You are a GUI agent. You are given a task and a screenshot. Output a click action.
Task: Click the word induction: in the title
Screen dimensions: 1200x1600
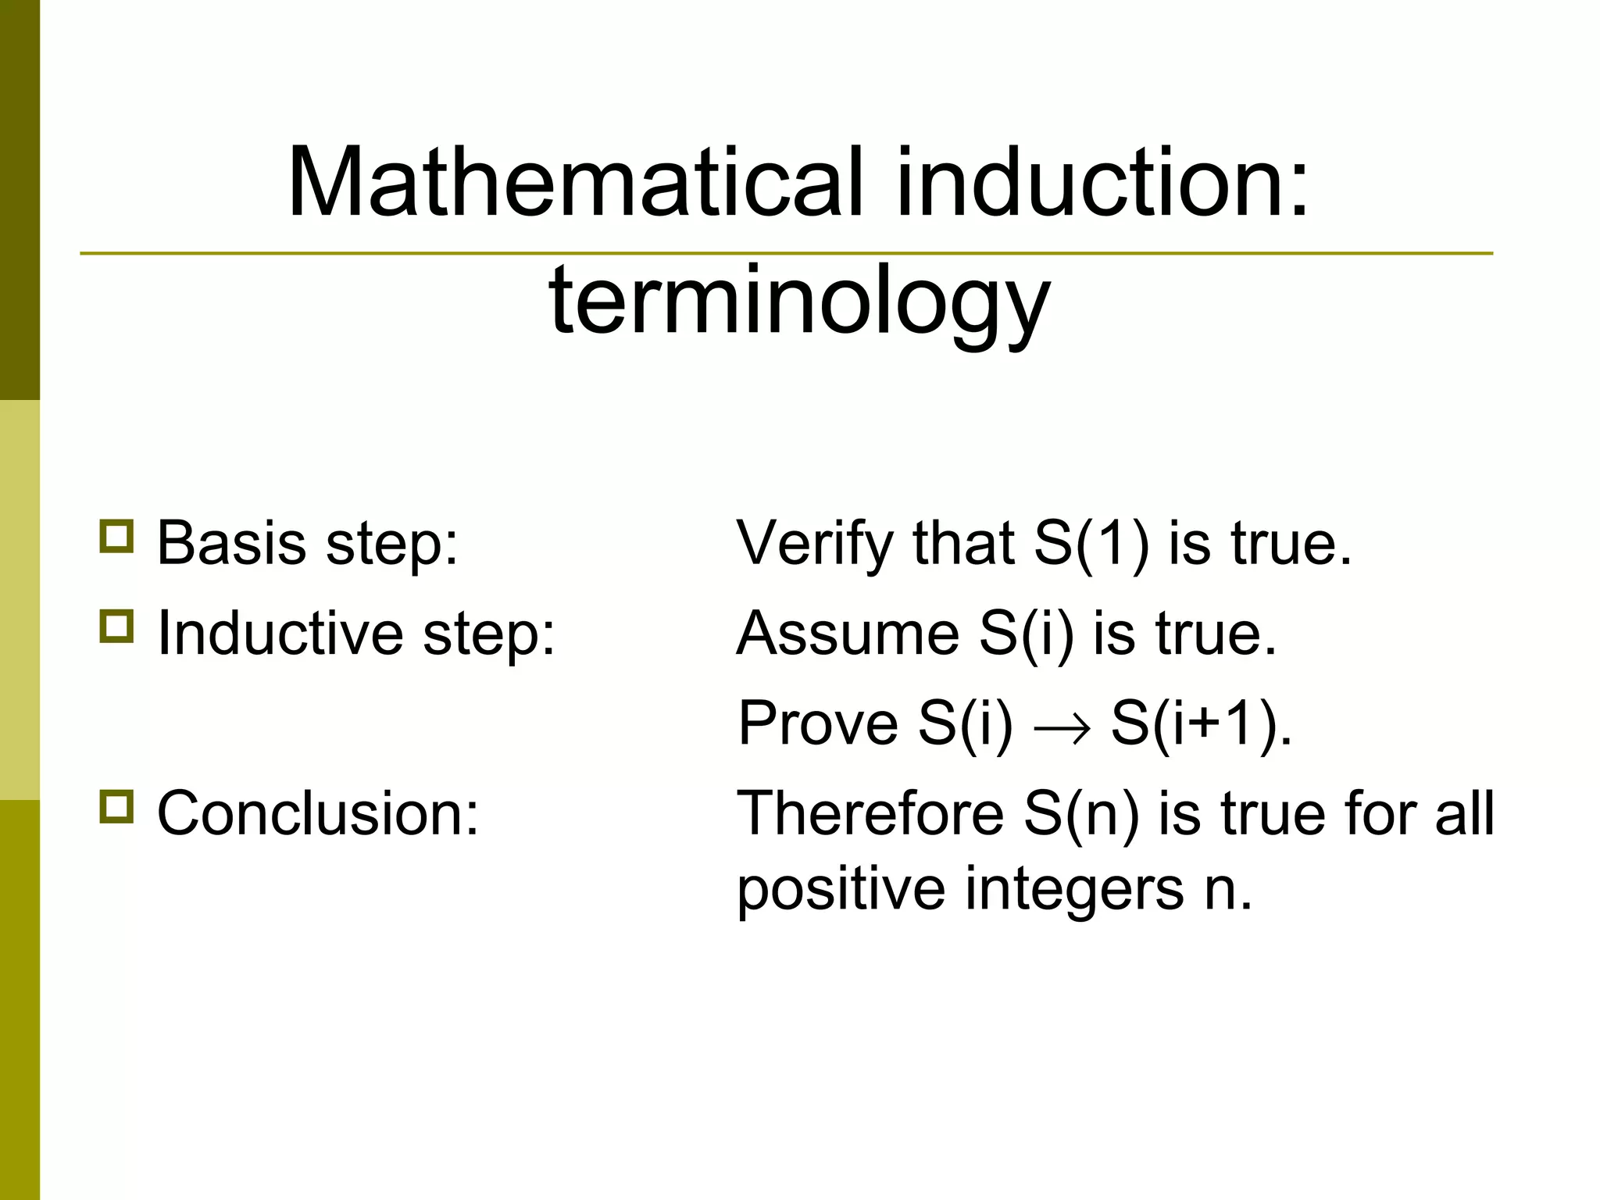1102,184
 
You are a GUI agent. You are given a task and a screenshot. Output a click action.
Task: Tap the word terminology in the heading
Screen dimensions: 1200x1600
799,301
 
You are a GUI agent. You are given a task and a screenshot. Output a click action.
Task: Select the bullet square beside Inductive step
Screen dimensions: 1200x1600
116,627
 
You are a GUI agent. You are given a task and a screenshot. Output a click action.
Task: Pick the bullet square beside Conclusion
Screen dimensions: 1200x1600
116,806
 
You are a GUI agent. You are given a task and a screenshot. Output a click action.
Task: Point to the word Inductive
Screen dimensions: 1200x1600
280,633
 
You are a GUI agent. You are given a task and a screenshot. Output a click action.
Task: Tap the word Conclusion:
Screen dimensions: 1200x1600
317,813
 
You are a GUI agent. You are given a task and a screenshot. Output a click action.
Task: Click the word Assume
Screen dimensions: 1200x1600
848,633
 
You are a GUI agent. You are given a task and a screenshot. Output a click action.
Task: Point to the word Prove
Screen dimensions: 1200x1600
817,723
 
